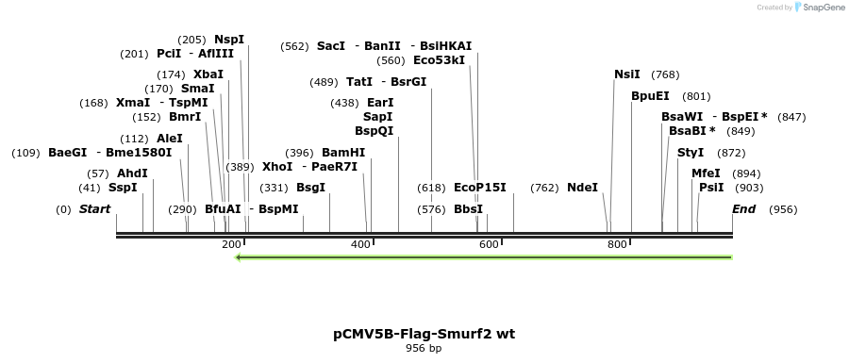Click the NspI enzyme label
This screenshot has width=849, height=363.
(x=228, y=40)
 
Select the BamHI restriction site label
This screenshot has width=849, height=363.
(x=343, y=153)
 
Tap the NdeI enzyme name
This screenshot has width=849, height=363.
(x=582, y=188)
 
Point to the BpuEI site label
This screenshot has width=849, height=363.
(x=650, y=96)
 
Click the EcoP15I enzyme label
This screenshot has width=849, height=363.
(x=479, y=188)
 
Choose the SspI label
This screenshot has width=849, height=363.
(x=123, y=188)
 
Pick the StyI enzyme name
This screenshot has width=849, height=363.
(x=691, y=153)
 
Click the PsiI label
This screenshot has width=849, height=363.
(x=711, y=188)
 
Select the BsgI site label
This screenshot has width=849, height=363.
(x=311, y=188)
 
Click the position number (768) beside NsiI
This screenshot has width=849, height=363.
(x=665, y=74)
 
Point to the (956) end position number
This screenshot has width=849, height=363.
(x=783, y=209)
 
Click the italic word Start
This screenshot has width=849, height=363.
(x=94, y=209)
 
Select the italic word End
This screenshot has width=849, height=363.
(x=743, y=209)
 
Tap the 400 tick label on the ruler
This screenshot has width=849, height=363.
(x=360, y=245)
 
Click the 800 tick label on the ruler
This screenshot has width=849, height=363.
(x=617, y=245)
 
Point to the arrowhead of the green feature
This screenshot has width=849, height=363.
(x=239, y=256)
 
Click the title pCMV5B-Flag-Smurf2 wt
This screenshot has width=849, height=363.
(x=424, y=334)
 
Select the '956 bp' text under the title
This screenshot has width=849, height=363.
(x=424, y=349)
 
